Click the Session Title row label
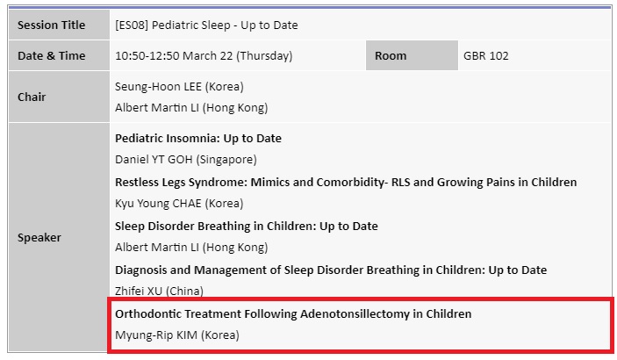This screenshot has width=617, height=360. (x=51, y=25)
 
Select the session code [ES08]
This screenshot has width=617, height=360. (x=132, y=25)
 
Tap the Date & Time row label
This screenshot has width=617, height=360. (x=51, y=55)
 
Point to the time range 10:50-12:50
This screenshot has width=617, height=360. (x=147, y=55)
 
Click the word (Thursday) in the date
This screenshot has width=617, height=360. (x=264, y=56)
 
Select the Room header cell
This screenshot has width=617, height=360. (x=412, y=55)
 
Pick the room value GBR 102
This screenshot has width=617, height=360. (x=486, y=55)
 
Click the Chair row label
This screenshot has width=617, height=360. (x=32, y=97)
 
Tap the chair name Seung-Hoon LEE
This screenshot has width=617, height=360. (x=158, y=87)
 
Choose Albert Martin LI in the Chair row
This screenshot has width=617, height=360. (x=157, y=107)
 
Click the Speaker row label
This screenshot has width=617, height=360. (x=39, y=237)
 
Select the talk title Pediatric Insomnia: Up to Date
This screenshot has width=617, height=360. (x=198, y=139)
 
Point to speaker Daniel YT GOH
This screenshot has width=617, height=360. (x=154, y=160)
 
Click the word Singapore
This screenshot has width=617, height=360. (x=226, y=160)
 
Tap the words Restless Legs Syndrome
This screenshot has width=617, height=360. (x=180, y=183)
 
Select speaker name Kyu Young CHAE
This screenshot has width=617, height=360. (x=158, y=203)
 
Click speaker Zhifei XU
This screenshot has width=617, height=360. (x=139, y=291)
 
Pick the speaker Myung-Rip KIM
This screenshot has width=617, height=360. (x=156, y=335)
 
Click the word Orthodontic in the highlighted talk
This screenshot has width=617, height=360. (x=148, y=314)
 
